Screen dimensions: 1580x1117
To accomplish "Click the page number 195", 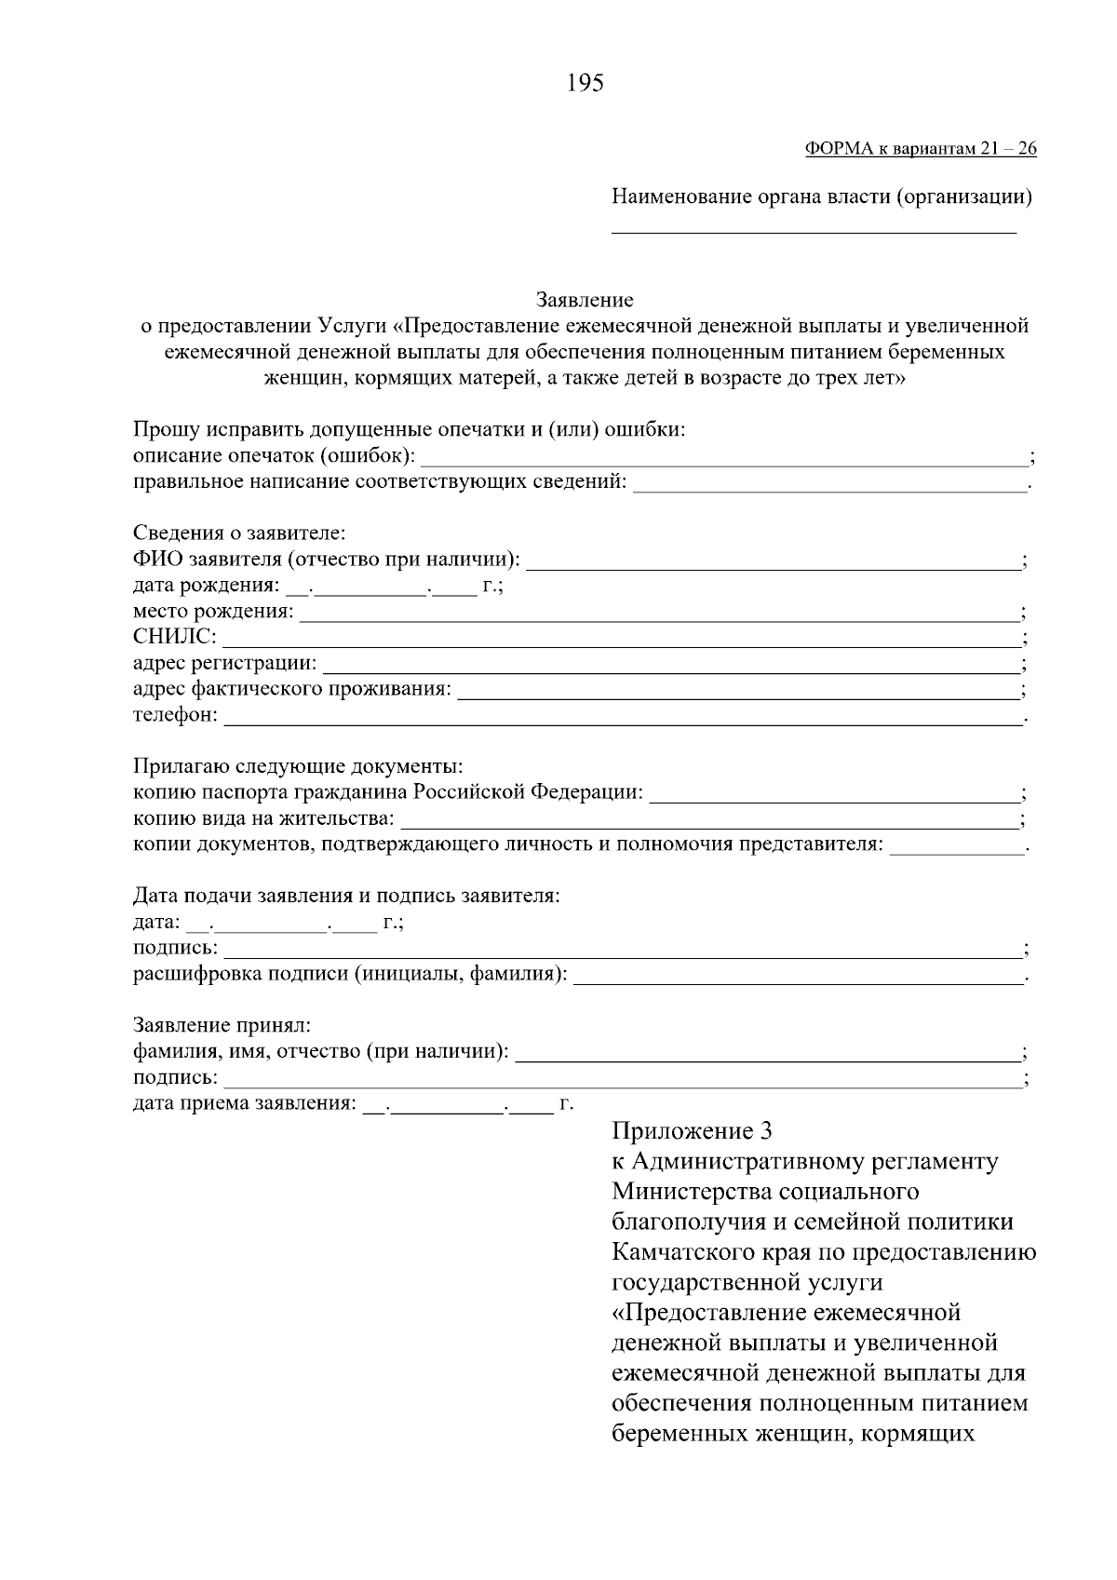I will tap(585, 84).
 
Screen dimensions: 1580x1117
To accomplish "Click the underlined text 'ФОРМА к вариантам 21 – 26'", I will tap(919, 149).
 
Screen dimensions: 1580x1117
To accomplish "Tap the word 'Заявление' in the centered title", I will tap(585, 300).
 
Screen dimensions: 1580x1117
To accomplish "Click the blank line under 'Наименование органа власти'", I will tap(814, 229).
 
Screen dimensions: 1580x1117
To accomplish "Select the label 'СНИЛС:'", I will tap(175, 638).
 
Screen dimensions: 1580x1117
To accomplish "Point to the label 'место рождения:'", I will tap(213, 612).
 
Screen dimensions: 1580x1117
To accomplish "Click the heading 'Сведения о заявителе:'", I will tap(239, 533).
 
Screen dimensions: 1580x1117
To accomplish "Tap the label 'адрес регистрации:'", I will tap(224, 664).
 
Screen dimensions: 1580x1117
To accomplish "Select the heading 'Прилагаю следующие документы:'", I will tap(298, 767).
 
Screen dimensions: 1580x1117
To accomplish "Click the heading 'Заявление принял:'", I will tap(222, 1026).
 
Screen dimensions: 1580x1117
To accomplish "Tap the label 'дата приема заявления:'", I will tap(245, 1104).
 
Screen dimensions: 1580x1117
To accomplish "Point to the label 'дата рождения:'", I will tap(206, 586).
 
